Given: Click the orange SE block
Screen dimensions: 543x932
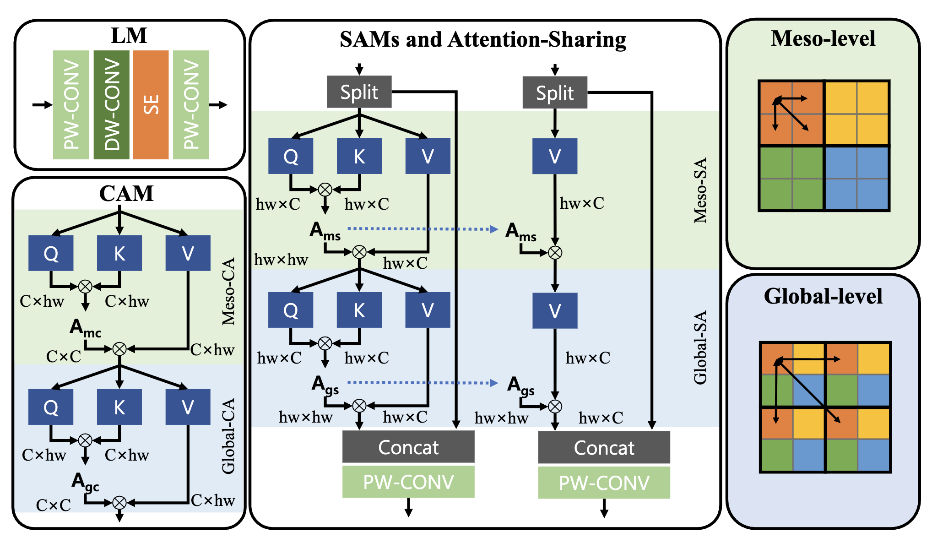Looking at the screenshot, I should tap(151, 105).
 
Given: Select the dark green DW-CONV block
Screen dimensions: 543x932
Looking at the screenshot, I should tap(112, 105).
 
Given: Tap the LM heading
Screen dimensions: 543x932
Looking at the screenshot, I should tap(129, 36).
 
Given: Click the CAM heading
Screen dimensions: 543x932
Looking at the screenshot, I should tap(126, 193).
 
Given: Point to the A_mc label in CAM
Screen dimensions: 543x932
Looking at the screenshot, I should tap(85, 328).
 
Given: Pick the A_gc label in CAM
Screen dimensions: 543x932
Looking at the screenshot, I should tap(85, 482).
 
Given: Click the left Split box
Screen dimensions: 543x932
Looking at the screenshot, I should tap(359, 92).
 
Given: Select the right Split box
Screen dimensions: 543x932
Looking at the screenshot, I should tap(555, 92).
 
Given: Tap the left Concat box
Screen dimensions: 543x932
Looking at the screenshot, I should tap(408, 447).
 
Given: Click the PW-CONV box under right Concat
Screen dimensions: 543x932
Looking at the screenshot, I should tap(604, 483).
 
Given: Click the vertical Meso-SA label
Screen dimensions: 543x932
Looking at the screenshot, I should tap(700, 190).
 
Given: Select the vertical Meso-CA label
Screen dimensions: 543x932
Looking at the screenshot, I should tap(228, 291).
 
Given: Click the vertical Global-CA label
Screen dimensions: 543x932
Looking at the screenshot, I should tap(228, 435).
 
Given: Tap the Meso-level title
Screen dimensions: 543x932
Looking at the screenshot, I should tap(823, 38).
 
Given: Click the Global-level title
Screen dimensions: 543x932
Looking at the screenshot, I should tap(823, 296).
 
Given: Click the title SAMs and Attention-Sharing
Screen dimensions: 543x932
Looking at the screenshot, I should tap(483, 40).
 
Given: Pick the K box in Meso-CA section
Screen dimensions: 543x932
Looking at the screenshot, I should tap(119, 253).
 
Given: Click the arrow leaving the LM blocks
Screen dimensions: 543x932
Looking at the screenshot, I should tap(219, 105).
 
